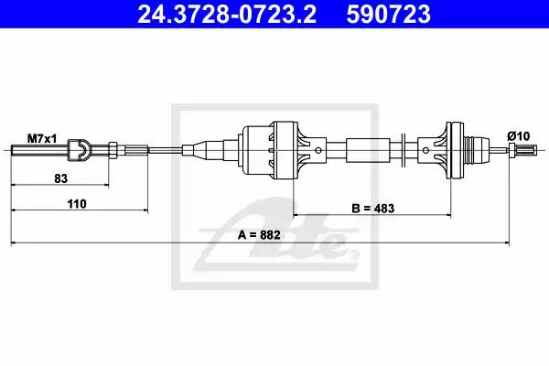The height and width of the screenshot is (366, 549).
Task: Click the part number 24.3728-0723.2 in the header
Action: [x=227, y=14]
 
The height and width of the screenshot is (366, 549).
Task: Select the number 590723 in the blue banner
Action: [x=388, y=14]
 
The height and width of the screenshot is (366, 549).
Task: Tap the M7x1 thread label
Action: [x=42, y=139]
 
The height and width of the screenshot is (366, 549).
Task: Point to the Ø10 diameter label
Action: [x=519, y=136]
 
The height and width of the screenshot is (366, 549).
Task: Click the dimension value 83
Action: [x=60, y=178]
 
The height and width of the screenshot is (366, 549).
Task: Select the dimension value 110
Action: [x=77, y=204]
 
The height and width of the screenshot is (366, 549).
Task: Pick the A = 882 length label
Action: [x=259, y=234]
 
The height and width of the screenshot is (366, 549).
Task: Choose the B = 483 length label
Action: [x=373, y=209]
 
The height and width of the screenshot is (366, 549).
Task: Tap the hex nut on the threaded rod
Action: [x=113, y=150]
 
